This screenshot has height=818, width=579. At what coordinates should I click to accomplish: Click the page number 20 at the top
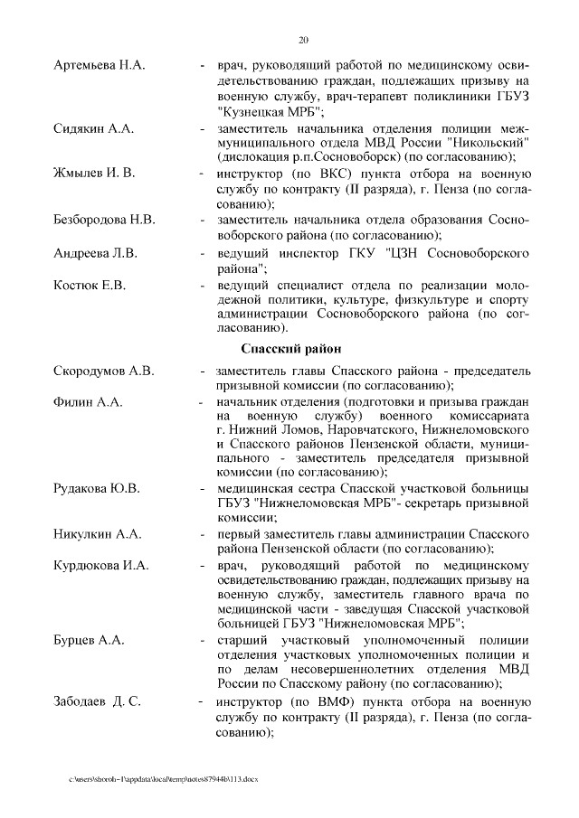click(303, 39)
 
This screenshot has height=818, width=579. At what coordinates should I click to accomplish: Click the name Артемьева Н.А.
click(100, 67)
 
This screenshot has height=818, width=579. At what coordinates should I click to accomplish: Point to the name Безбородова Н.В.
click(105, 221)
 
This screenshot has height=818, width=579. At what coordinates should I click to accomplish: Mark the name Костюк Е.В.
click(90, 286)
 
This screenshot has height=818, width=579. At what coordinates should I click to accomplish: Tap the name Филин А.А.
click(88, 401)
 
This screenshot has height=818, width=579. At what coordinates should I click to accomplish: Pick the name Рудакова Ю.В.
click(97, 490)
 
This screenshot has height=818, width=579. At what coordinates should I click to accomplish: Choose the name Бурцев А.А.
click(89, 640)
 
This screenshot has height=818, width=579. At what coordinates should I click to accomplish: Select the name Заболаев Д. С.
click(97, 702)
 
